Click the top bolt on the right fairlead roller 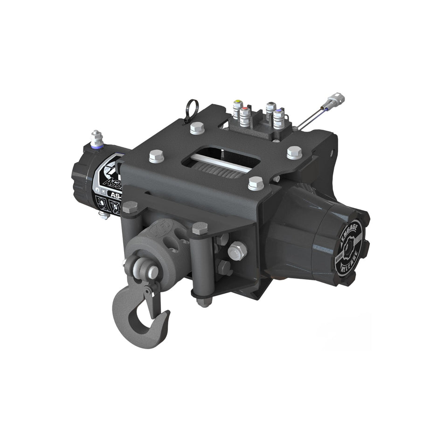200,228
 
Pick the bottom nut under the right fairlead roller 201,302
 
